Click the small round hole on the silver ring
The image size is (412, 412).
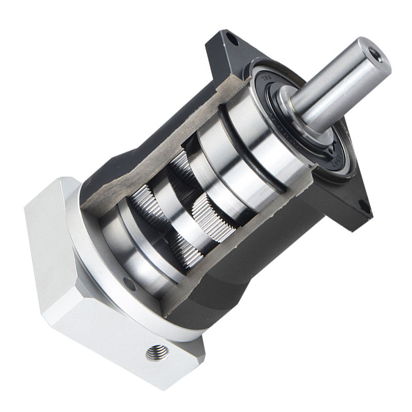pyautogui.click(x=129, y=285)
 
